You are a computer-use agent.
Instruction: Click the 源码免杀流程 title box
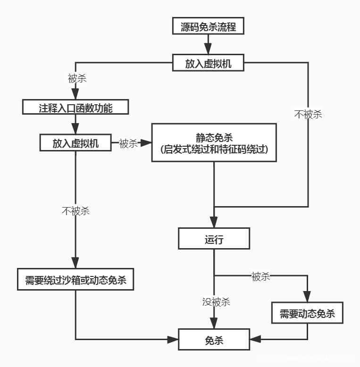pos(208,26)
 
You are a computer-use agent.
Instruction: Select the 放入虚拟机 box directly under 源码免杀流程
pos(208,63)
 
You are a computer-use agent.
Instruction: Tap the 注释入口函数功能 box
pos(75,108)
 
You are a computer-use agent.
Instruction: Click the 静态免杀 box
pos(214,142)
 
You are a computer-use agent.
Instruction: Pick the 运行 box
pos(214,239)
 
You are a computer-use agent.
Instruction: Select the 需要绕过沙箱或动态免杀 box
pos(75,280)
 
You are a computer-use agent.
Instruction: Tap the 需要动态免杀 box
pos(307,313)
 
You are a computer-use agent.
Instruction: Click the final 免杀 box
pos(214,340)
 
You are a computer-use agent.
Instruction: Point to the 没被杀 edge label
pos(216,302)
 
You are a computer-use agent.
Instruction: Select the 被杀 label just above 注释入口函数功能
pos(77,78)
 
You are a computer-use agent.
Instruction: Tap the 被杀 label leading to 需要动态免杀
pos(260,276)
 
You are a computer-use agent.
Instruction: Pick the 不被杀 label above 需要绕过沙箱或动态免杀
pos(75,211)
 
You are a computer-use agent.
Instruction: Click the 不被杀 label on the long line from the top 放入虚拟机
pos(308,114)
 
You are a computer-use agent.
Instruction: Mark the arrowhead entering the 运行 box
pos(214,222)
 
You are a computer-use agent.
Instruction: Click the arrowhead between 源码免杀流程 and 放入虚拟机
pos(208,49)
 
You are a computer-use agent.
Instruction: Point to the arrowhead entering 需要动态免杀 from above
pos(307,297)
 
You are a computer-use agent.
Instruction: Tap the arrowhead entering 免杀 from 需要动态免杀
pos(255,339)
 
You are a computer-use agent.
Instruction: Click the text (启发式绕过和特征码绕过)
pos(214,150)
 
